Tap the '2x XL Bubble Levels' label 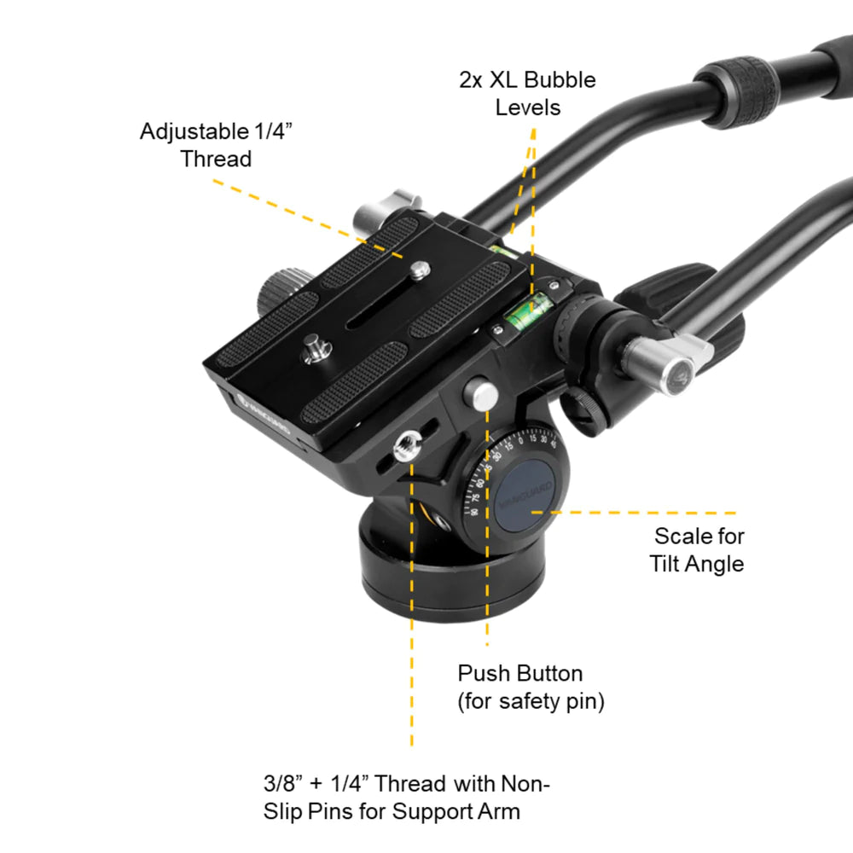528,94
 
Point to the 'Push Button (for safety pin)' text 531,688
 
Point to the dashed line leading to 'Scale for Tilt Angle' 640,513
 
